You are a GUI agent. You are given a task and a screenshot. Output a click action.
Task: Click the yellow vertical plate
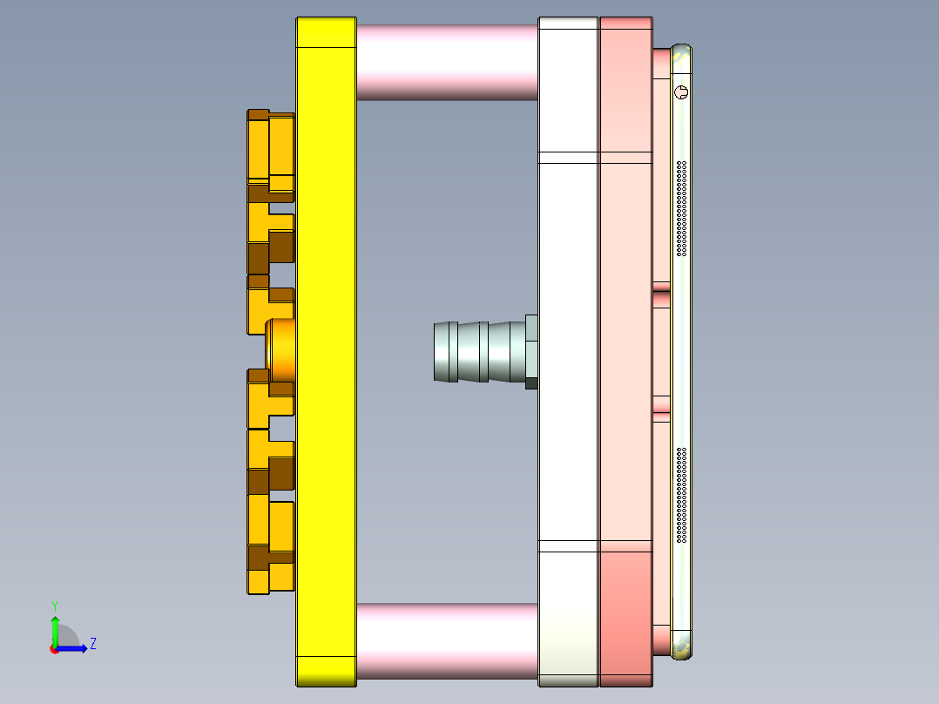(x=326, y=349)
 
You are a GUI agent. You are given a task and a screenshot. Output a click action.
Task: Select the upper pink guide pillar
(x=446, y=61)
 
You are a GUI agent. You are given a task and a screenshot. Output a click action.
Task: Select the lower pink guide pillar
(x=446, y=640)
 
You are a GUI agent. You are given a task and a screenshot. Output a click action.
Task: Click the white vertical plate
(x=568, y=349)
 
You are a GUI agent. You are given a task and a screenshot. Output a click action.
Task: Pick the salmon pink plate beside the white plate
(x=625, y=349)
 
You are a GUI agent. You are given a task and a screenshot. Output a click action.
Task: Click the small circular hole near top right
(x=681, y=91)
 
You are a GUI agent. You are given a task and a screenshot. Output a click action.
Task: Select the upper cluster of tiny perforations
(x=682, y=209)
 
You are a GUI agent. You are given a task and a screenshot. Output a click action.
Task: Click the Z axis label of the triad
(x=93, y=644)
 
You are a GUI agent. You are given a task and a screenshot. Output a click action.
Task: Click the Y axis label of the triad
(x=54, y=605)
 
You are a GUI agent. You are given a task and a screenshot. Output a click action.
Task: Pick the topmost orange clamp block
(x=270, y=148)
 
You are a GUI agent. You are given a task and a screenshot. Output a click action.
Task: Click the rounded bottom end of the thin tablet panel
(x=682, y=646)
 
